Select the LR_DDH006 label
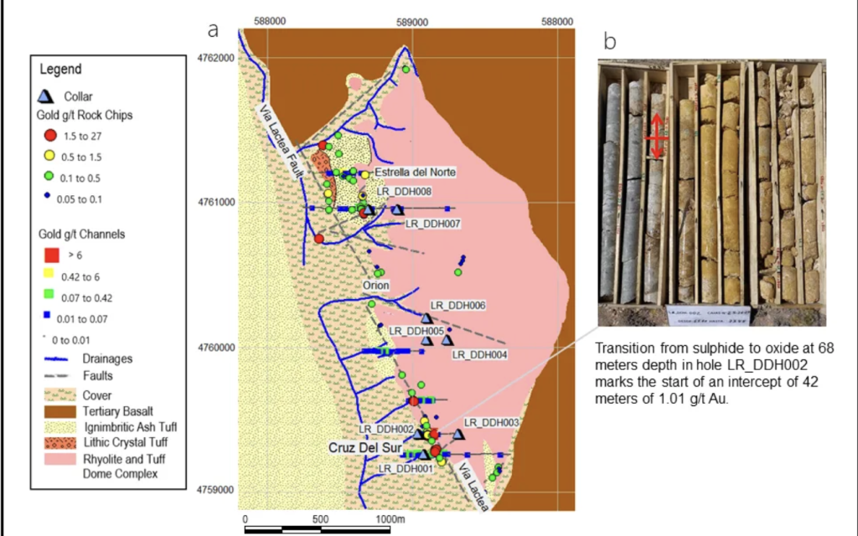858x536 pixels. pyautogui.click(x=457, y=306)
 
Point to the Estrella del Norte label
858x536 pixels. pyautogui.click(x=416, y=172)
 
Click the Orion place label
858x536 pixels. pyautogui.click(x=378, y=286)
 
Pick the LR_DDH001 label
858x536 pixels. pyautogui.click(x=405, y=468)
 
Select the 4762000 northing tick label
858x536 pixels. pyautogui.click(x=214, y=57)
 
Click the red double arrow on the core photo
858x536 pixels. pyautogui.click(x=657, y=135)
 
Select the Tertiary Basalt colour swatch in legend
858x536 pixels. pyautogui.click(x=52, y=411)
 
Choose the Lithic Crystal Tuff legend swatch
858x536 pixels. pyautogui.click(x=52, y=443)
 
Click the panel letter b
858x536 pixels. pyautogui.click(x=610, y=40)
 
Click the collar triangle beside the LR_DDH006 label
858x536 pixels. pyautogui.click(x=426, y=319)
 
